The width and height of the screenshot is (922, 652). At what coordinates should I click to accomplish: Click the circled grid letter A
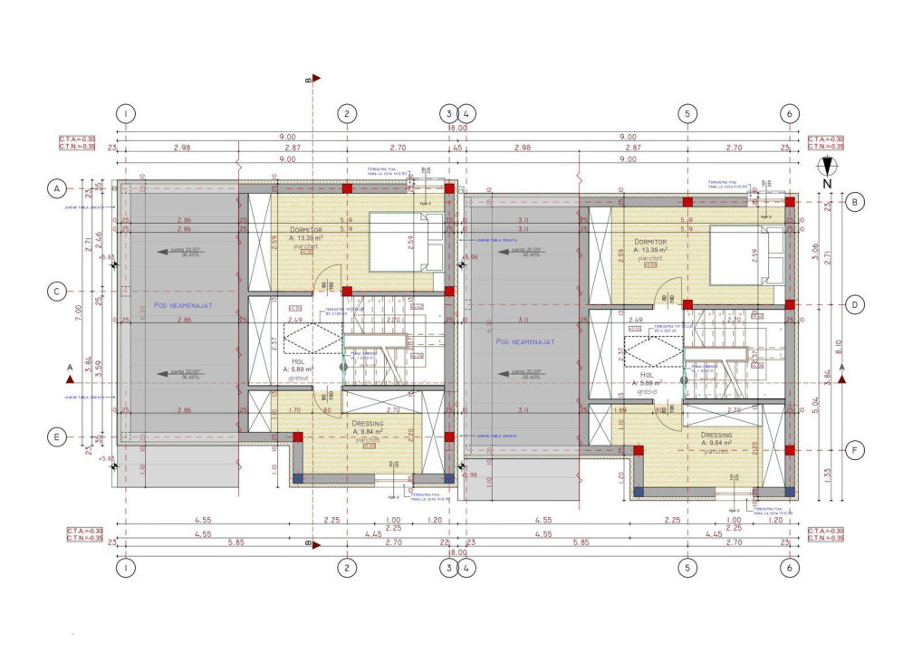tap(56, 188)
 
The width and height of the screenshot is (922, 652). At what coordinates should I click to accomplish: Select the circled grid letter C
tap(56, 292)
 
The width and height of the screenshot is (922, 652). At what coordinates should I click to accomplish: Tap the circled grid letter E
tap(56, 436)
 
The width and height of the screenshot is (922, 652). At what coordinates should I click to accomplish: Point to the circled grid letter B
tap(854, 202)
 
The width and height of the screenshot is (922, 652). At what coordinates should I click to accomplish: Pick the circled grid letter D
tap(854, 304)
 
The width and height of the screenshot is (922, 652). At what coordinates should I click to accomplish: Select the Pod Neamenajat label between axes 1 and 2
tap(182, 306)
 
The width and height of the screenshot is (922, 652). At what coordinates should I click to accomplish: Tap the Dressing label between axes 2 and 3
tap(368, 423)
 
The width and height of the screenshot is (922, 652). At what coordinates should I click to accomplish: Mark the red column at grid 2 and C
tap(346, 292)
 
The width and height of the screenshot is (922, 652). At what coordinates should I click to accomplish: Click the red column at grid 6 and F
tap(790, 450)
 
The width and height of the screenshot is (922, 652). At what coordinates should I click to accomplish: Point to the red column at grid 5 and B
tap(687, 202)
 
